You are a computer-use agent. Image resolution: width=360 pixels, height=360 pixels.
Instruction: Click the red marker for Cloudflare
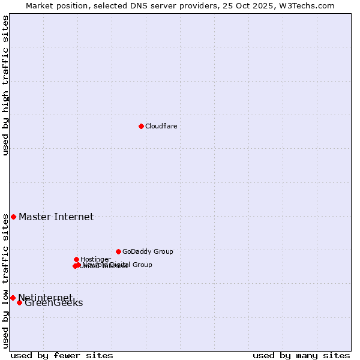point(141,126)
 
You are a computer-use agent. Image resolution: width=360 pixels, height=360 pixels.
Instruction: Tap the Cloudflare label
point(161,126)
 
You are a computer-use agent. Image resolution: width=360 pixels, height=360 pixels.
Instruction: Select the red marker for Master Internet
point(13,217)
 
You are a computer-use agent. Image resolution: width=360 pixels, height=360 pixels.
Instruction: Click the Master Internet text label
point(56,217)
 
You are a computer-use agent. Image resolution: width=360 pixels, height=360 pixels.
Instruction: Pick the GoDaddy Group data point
point(118,251)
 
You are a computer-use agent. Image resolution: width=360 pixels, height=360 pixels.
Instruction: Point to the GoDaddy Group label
point(148,251)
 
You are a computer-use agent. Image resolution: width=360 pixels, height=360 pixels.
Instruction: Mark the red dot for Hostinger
point(76,259)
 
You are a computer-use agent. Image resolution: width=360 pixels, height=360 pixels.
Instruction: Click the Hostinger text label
point(95,259)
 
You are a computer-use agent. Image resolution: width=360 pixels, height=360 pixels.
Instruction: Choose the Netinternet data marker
point(13,298)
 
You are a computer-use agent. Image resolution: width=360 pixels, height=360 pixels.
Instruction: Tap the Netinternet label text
point(45,298)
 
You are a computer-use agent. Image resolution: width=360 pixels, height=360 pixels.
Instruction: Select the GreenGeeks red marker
point(19,302)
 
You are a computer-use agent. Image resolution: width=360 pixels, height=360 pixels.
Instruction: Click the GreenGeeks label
point(53,303)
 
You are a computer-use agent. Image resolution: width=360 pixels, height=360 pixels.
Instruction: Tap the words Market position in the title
point(53,5)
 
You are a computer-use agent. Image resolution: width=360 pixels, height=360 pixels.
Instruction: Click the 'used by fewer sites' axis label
point(62,355)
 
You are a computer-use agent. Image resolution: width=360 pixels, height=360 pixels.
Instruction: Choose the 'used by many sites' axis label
point(301,355)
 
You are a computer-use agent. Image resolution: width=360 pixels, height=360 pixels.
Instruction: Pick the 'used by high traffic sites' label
point(6,85)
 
